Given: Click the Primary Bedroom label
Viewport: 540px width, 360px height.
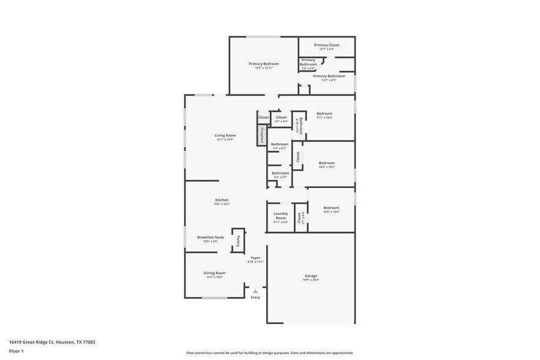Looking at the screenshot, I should (264, 64).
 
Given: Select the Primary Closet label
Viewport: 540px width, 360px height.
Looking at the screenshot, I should (326, 45).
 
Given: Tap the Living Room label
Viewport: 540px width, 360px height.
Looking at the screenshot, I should (225, 135).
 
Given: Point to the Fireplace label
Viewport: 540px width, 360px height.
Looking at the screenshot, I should (261, 135).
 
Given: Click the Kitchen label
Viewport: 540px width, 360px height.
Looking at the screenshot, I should (222, 200).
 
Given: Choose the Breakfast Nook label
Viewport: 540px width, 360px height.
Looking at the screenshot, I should (210, 237).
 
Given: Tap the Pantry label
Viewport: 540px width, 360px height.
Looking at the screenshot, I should (238, 240).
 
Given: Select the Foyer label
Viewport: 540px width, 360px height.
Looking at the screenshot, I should (255, 258).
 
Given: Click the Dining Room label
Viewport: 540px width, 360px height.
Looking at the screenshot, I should (214, 273).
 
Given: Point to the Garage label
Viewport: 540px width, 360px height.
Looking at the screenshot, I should (311, 276).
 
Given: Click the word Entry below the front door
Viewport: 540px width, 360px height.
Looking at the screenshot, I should (255, 298).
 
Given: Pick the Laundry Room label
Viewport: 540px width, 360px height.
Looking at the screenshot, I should (280, 216).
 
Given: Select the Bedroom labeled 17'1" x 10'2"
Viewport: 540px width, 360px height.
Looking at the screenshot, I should (324, 113).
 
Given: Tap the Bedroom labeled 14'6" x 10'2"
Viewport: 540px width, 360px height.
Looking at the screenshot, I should (326, 162).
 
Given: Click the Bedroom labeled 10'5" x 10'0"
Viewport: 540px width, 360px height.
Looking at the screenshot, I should (331, 208).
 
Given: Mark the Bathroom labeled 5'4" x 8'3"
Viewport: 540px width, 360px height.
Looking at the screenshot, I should (280, 144).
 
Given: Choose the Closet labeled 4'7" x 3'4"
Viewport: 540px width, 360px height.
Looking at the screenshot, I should (281, 117).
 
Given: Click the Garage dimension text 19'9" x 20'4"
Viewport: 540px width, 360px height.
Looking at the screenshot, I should (311, 280).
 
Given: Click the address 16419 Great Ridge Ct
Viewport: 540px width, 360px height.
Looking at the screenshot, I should (34, 342).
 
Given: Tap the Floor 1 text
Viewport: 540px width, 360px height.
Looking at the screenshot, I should (16, 351).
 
